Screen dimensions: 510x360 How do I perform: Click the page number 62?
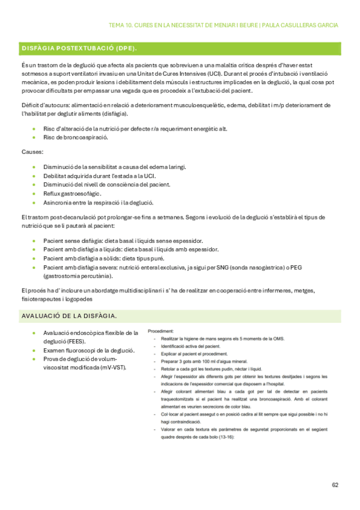tap(335, 485)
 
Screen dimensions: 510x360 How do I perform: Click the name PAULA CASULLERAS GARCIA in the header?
tap(300, 25)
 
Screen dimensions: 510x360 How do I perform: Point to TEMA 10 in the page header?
tap(122, 25)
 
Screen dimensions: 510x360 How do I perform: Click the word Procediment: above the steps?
tap(161, 331)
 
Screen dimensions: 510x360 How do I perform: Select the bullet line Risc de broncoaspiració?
tap(76, 138)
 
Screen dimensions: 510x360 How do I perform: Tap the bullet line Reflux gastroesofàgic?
tap(72, 193)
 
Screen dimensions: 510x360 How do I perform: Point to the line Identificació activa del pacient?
tap(191, 347)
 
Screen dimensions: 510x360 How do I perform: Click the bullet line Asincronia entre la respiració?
tap(99, 202)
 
